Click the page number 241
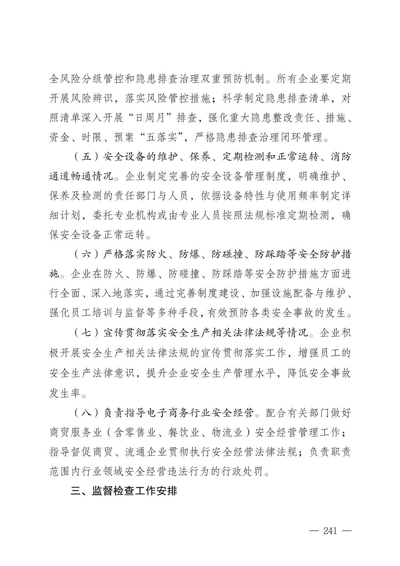click(330, 531)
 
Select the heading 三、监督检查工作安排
click(124, 491)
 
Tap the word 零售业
click(140, 432)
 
